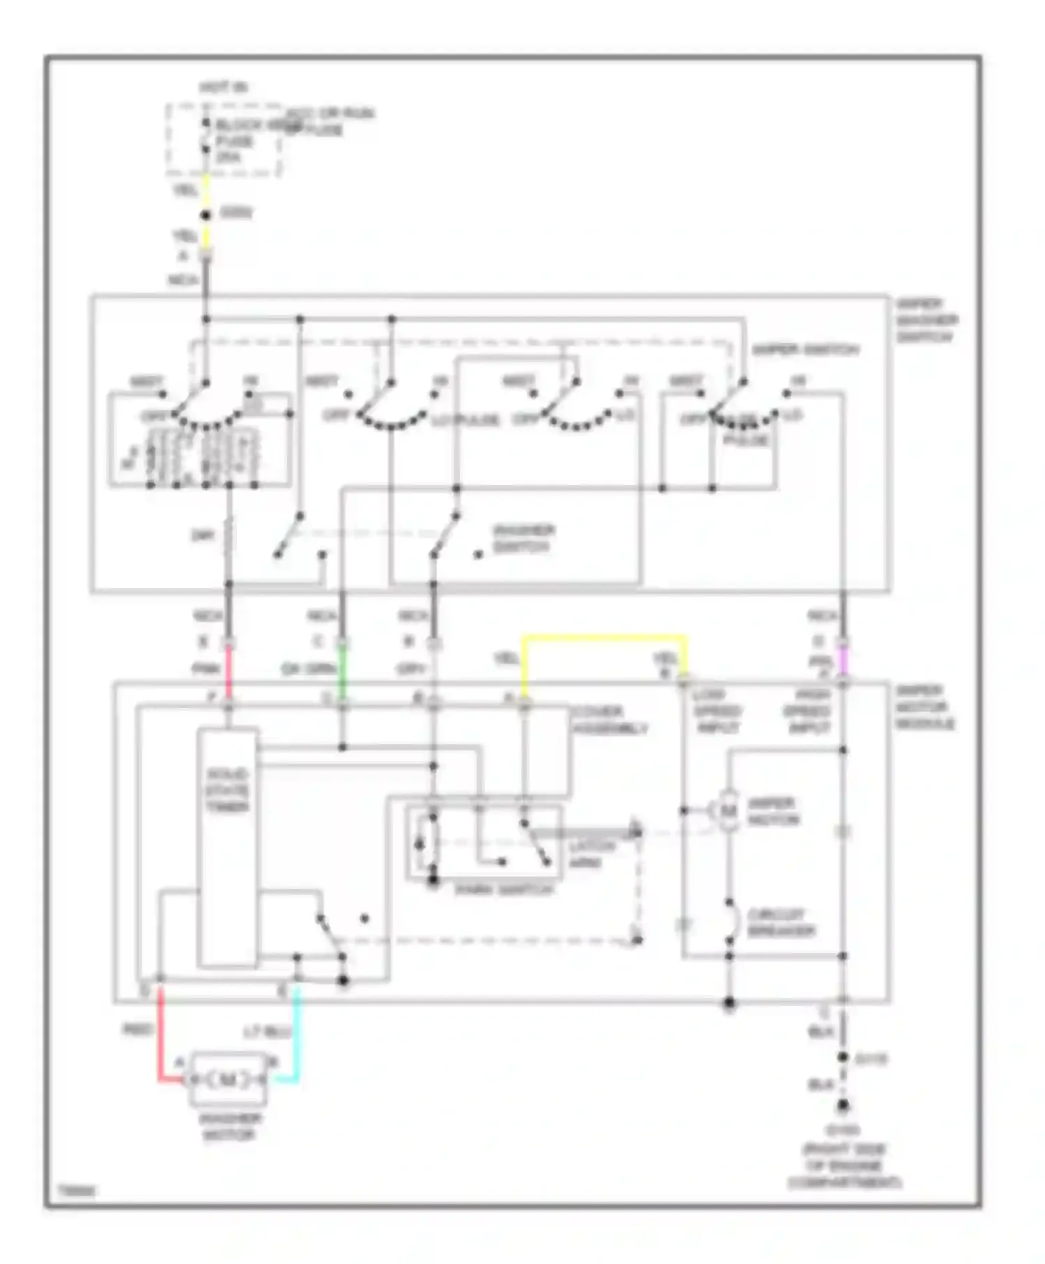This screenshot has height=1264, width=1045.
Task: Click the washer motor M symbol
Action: click(x=229, y=1079)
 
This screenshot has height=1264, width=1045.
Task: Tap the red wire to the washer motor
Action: click(x=160, y=1038)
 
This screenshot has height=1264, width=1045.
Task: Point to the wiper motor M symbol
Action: click(x=728, y=810)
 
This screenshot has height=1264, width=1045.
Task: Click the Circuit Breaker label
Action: click(x=780, y=923)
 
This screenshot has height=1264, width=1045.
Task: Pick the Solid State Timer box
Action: click(x=228, y=847)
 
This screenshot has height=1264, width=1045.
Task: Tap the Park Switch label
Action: click(x=504, y=890)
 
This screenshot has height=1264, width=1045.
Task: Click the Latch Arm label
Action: click(x=591, y=854)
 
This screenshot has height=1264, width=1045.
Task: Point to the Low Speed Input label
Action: click(x=718, y=711)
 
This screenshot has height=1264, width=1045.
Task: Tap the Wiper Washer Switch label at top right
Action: click(x=927, y=321)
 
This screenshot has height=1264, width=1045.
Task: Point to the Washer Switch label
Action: click(x=523, y=539)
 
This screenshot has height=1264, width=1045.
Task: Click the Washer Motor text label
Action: click(x=230, y=1127)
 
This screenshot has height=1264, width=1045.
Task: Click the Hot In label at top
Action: click(x=224, y=88)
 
